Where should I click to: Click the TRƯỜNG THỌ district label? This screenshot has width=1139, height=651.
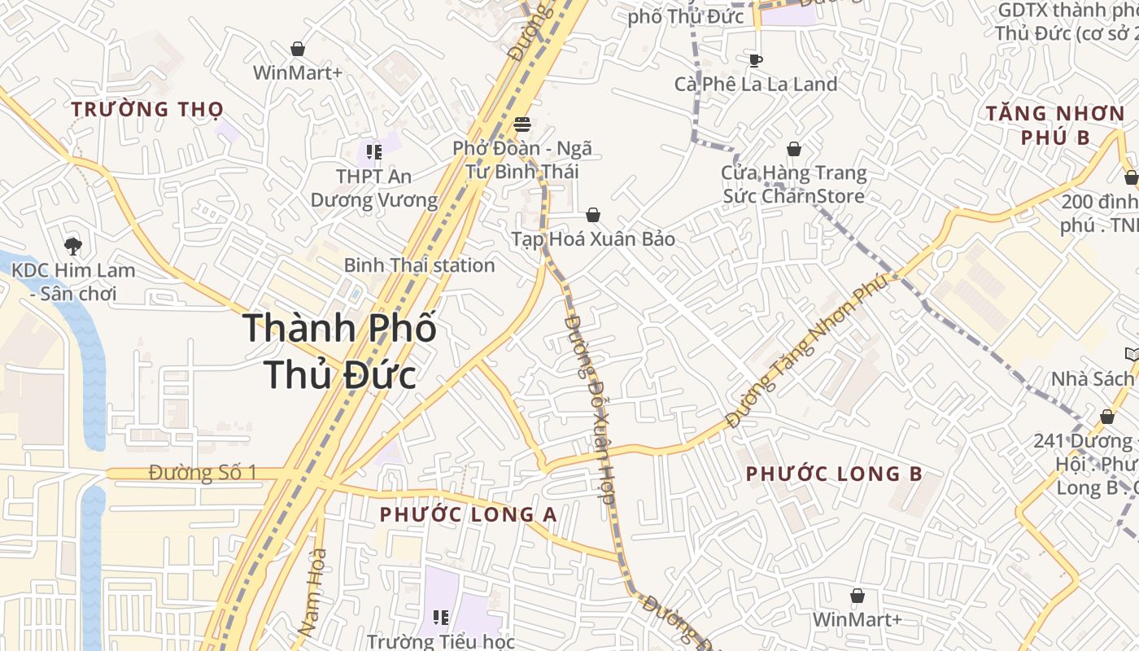146,109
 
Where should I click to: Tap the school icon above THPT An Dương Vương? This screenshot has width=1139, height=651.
373,151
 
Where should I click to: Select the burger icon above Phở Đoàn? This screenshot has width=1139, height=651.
522,125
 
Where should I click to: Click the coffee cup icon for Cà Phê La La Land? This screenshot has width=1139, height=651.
755,60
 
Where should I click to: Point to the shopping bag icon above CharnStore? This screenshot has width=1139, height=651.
793,149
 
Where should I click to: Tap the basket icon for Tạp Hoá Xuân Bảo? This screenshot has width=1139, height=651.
593,215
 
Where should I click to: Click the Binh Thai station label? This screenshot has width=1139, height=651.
419,265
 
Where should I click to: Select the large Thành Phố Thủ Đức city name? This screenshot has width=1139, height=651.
339,352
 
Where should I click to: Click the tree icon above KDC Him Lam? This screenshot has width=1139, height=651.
73,246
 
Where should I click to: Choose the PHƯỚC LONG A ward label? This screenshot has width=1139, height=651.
468,514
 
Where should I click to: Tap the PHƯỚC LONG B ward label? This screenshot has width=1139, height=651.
834,474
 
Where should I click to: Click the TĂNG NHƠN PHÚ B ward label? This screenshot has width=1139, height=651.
1054,125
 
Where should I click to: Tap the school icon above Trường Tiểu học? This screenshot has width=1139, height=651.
440,618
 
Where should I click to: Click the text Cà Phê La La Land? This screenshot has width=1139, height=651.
755,85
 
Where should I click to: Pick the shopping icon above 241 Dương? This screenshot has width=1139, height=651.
1106,417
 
